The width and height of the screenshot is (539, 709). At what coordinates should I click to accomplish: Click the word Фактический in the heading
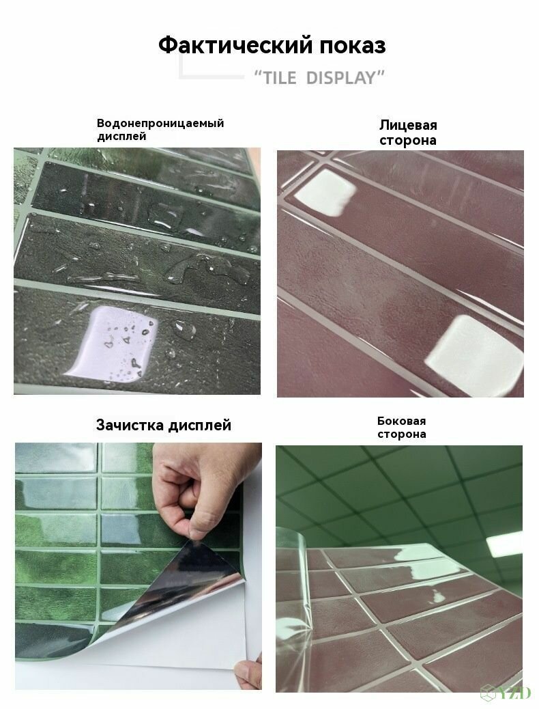(235, 45)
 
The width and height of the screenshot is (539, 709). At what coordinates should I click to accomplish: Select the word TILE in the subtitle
(280, 78)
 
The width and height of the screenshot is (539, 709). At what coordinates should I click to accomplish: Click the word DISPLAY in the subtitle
(341, 78)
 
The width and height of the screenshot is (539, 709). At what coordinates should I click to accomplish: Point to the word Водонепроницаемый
(160, 124)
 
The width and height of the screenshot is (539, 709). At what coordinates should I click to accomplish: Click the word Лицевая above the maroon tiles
(408, 125)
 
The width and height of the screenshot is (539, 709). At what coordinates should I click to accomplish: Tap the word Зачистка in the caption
(130, 425)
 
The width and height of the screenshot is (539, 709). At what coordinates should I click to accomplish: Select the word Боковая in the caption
(402, 421)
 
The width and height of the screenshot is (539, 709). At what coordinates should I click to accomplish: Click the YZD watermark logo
(506, 692)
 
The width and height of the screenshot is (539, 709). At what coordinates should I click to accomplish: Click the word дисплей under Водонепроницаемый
(121, 137)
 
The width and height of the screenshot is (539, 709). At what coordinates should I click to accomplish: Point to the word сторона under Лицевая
(408, 140)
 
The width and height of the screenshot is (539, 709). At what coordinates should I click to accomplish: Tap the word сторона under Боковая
(402, 434)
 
